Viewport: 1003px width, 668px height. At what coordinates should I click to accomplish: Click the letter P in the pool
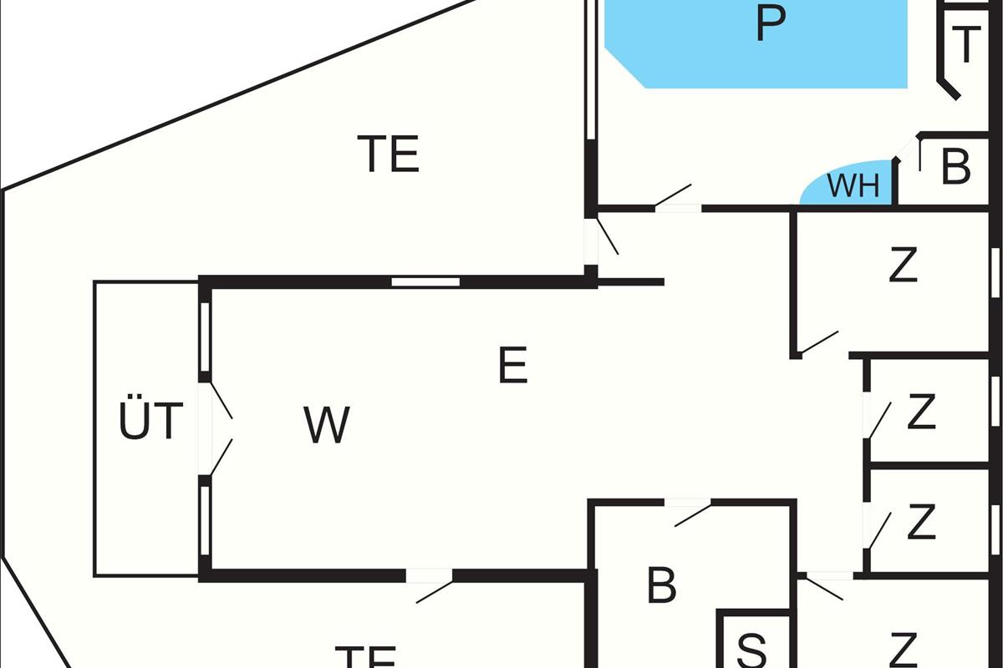click(770, 25)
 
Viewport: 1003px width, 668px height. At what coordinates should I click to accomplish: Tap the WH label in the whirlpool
click(853, 186)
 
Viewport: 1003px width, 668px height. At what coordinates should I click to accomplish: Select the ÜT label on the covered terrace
click(150, 422)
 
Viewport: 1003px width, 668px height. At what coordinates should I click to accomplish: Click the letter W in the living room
click(326, 425)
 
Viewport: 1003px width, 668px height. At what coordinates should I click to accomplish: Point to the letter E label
click(512, 366)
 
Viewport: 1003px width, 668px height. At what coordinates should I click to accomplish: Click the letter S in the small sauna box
click(753, 650)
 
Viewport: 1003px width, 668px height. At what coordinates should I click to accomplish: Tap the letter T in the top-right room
click(965, 46)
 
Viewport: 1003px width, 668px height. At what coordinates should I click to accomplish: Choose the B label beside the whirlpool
click(955, 167)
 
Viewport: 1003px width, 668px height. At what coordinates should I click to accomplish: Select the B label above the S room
click(661, 586)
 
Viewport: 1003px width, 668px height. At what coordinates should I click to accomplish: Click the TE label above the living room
click(388, 154)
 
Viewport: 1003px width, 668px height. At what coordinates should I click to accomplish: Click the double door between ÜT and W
click(219, 429)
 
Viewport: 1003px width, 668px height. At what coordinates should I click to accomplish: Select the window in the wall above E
click(425, 282)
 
